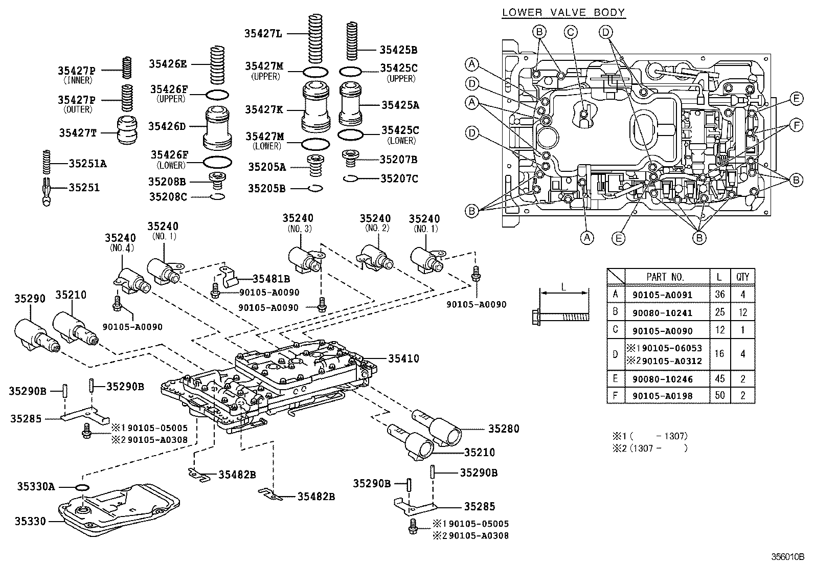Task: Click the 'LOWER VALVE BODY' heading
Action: coord(563,12)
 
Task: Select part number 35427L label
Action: coord(263,33)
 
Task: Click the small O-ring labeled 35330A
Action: coord(82,487)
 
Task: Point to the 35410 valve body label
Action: coord(403,358)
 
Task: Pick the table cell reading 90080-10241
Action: coord(662,313)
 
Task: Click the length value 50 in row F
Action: coord(719,395)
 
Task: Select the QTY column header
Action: coord(742,277)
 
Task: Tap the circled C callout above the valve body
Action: coord(571,32)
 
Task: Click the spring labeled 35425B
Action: coord(351,41)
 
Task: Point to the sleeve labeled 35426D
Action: coord(217,128)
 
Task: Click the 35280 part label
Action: coord(504,429)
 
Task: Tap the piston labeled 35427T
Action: coord(127,129)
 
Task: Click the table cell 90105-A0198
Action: coord(663,396)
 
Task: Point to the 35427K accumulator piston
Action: coord(316,107)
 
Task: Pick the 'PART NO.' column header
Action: coord(665,277)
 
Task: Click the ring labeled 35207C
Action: coord(351,179)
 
